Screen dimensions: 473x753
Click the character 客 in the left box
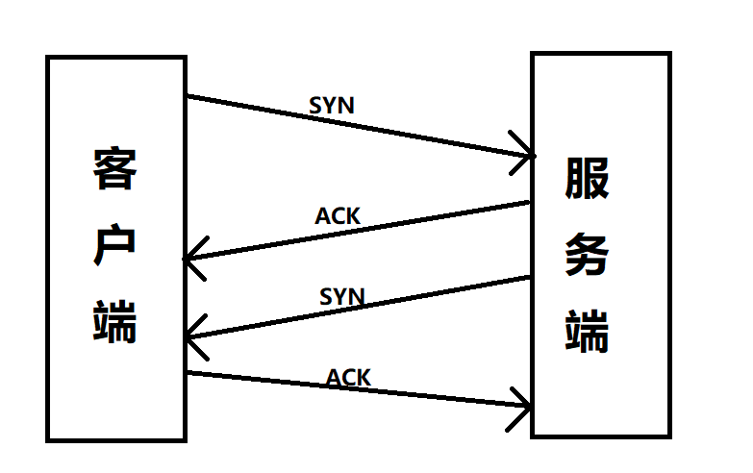[x=115, y=170]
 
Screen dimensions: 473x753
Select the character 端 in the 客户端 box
[x=115, y=321]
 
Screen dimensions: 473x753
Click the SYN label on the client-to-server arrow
[x=332, y=106]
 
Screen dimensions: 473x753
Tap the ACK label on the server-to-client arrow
[x=338, y=216]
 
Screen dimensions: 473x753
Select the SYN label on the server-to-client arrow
[x=342, y=296]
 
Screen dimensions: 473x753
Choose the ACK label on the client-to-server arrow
[x=348, y=378]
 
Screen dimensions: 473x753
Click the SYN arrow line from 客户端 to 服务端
[x=385, y=131]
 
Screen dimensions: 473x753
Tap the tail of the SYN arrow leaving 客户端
[x=189, y=96]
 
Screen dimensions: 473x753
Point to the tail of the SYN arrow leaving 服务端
[x=529, y=278]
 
